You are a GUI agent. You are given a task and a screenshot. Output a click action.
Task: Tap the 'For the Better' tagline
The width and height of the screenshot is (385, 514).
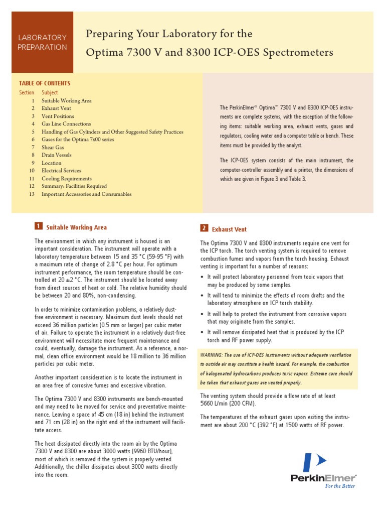(340, 486)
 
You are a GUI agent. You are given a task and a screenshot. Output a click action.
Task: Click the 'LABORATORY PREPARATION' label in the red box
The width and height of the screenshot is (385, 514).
(42, 42)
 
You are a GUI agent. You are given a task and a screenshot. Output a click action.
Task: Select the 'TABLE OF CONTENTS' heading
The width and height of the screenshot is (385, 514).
(45, 83)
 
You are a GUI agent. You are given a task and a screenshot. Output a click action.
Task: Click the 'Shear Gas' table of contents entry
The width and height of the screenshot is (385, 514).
(53, 147)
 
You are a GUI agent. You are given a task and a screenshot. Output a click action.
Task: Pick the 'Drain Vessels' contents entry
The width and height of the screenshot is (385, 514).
(57, 155)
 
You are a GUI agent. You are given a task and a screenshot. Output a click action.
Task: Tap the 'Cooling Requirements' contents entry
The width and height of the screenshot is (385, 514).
(67, 178)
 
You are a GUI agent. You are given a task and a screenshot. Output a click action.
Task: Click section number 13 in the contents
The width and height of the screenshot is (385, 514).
(32, 194)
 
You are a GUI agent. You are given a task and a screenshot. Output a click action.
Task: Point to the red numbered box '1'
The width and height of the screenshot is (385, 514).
(39, 227)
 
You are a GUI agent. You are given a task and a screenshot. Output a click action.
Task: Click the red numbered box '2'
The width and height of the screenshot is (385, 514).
(204, 228)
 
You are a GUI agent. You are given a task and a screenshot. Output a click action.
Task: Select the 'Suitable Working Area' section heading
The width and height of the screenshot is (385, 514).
(76, 227)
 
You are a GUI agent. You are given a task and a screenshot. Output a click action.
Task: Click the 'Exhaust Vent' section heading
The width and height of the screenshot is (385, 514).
(229, 229)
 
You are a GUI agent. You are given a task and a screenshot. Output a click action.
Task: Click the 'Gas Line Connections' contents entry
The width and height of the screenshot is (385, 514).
(66, 124)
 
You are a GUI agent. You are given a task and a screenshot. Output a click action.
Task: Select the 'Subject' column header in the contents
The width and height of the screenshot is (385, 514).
(50, 92)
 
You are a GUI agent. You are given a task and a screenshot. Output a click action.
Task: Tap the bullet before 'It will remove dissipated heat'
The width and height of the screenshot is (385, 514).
(202, 332)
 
